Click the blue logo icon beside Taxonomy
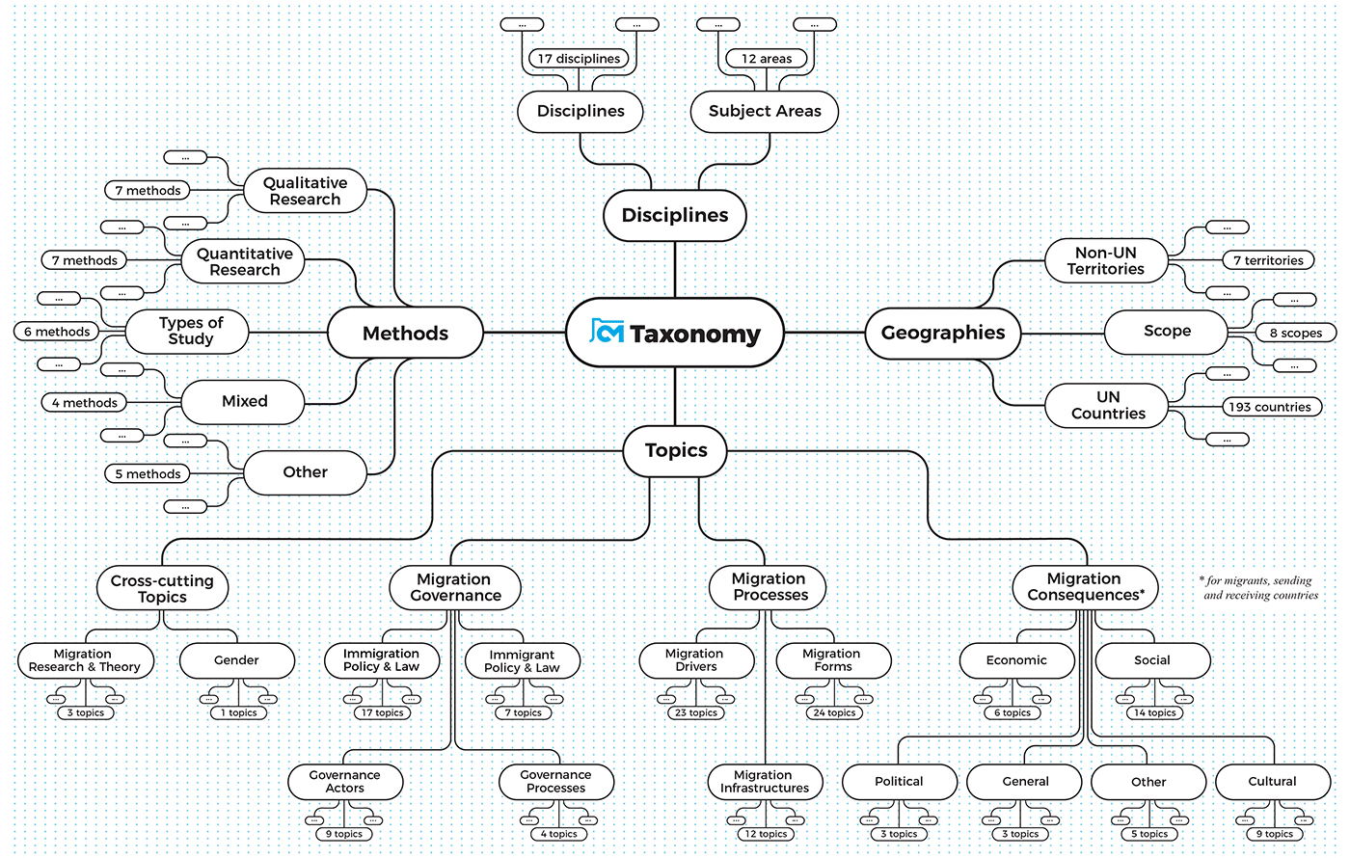tap(607, 332)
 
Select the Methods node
tap(405, 334)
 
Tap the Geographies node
tap(942, 334)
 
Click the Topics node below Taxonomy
tap(675, 451)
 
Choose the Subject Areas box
tap(765, 112)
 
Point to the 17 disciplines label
tap(579, 59)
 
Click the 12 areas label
tap(767, 59)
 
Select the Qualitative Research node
tap(305, 191)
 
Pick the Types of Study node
tap(190, 331)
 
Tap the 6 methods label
tap(57, 332)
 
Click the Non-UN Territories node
tap(1105, 261)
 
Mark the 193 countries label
tap(1269, 407)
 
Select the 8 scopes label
tap(1295, 333)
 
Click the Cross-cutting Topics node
tap(162, 589)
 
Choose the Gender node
tap(236, 660)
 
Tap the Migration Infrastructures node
tap(765, 782)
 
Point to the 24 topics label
tap(834, 713)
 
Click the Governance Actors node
tap(344, 782)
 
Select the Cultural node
tap(1272, 782)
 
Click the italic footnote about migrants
tap(1258, 588)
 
